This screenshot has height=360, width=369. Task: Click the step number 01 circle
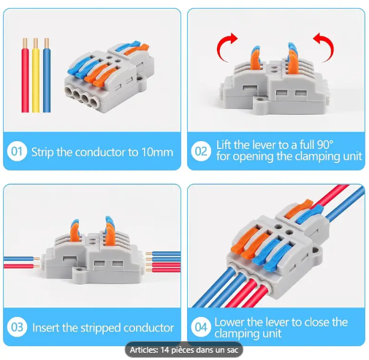click(17, 152)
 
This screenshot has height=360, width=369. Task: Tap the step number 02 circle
click(201, 152)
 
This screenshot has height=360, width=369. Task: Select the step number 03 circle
click(17, 327)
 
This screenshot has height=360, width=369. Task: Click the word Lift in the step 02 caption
click(225, 145)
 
